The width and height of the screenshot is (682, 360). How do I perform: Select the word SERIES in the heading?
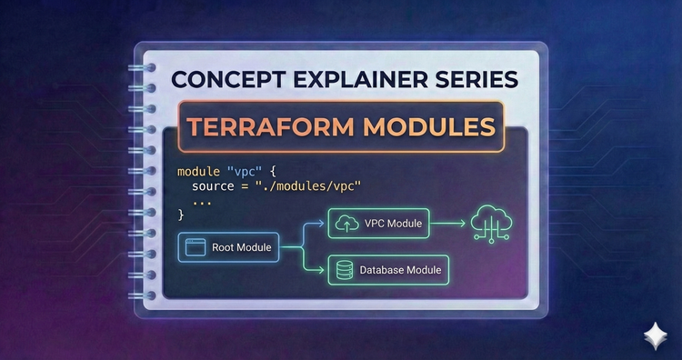coord(476,79)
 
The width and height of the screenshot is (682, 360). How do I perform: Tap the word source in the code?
coord(216,186)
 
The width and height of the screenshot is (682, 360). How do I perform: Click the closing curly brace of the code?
coord(181,215)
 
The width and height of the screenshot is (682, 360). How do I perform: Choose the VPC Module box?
coord(379,224)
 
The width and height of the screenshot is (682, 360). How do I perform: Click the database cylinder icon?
coord(345,269)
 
